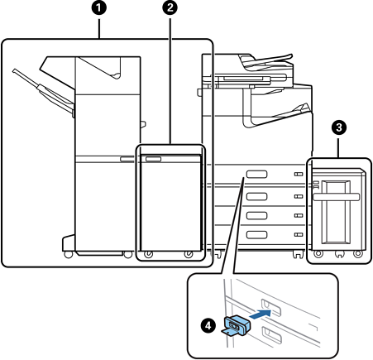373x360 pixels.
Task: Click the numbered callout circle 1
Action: (98, 8)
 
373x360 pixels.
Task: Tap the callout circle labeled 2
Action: (170, 8)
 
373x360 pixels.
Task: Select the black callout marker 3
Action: (339, 127)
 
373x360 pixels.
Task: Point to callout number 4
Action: (208, 325)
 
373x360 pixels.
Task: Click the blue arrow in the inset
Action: (260, 314)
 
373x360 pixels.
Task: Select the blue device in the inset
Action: (235, 327)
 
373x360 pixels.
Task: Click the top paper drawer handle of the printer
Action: (256, 174)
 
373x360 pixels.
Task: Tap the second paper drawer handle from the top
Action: (256, 196)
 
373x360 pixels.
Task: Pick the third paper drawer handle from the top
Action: (256, 215)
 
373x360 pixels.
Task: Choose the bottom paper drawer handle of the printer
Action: (256, 235)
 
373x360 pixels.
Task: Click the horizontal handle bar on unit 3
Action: (337, 197)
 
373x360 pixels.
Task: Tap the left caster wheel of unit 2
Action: (149, 254)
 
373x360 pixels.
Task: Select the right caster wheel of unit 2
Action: (189, 254)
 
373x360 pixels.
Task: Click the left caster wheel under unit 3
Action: (318, 253)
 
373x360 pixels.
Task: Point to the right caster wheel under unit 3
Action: (358, 253)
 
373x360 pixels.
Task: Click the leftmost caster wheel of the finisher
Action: (69, 254)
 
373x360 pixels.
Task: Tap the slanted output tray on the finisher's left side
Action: (44, 92)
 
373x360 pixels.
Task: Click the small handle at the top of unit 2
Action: (153, 159)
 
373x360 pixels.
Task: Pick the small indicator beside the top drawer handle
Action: (299, 174)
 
